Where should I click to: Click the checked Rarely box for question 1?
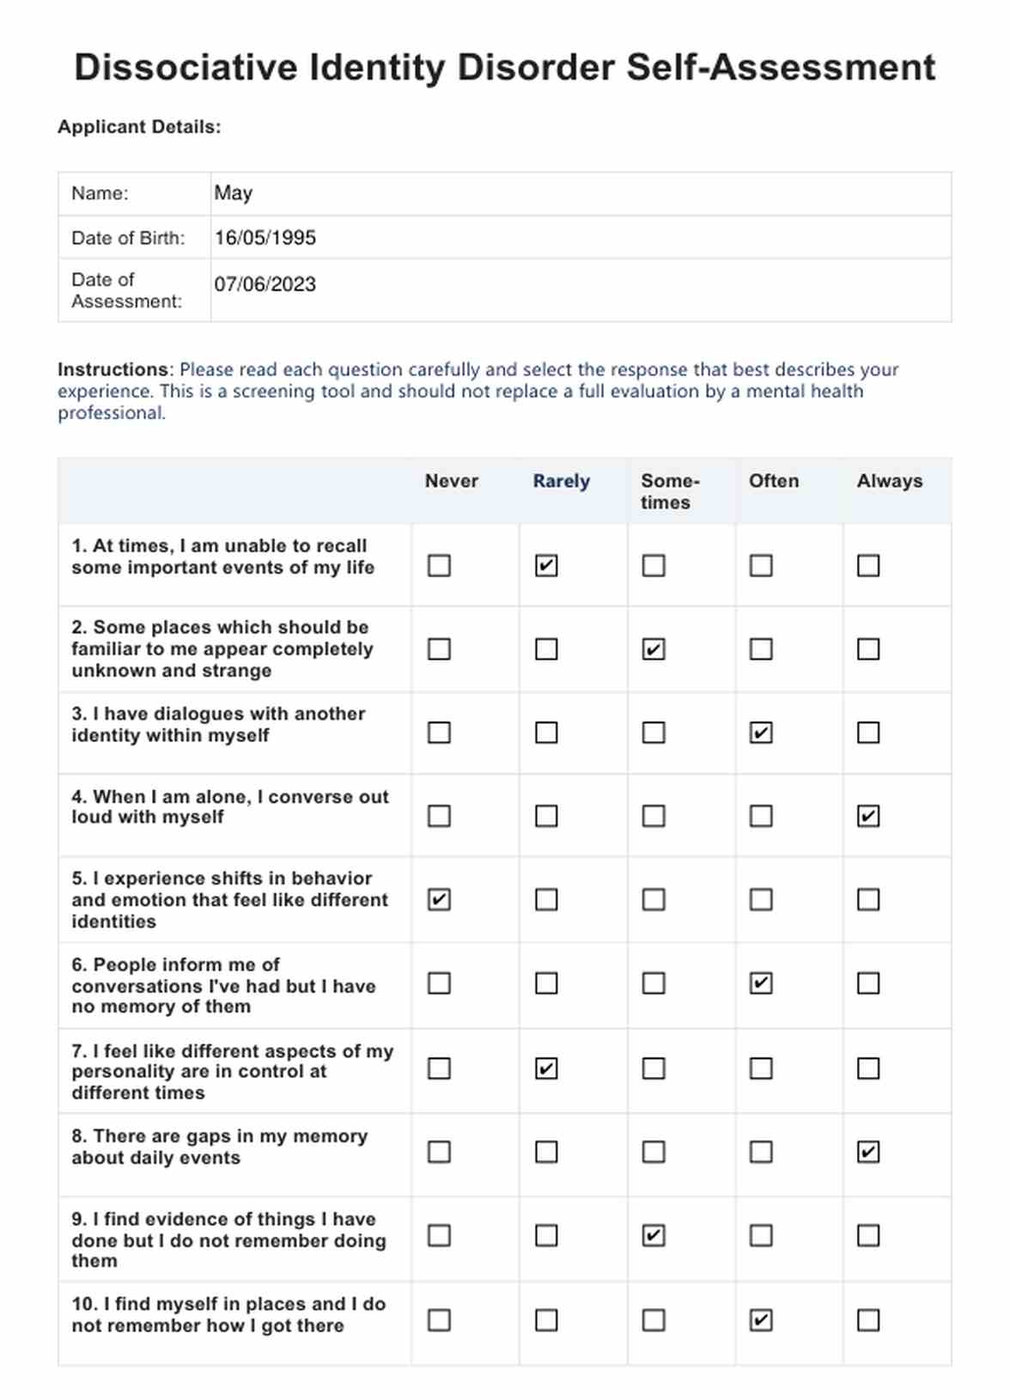(546, 565)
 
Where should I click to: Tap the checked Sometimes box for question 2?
(654, 649)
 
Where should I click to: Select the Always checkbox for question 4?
(868, 816)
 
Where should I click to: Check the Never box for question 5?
(439, 899)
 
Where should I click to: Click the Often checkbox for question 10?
(761, 1320)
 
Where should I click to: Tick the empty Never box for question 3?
(439, 733)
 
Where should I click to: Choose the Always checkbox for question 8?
(868, 1152)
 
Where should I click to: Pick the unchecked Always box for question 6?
(868, 983)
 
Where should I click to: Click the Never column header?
(452, 481)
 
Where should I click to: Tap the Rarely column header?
(561, 481)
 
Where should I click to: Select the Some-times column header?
(670, 491)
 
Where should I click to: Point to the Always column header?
(890, 481)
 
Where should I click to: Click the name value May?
(234, 193)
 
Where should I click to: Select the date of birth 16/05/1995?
(265, 238)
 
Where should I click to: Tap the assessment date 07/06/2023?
(265, 284)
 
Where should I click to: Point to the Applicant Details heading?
(139, 127)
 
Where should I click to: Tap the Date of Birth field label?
(128, 238)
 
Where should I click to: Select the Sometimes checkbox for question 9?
(654, 1236)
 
